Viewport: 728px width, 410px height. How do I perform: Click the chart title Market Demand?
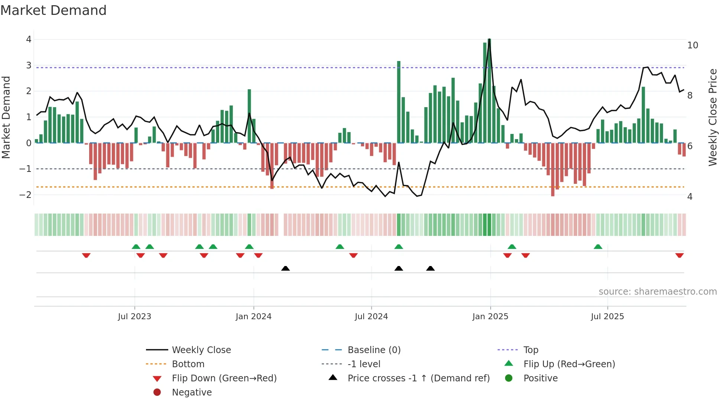(53, 10)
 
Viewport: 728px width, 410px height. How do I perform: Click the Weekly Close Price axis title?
(712, 117)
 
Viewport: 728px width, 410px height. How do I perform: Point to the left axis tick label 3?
(29, 65)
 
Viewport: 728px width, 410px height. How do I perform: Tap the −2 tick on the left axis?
(26, 195)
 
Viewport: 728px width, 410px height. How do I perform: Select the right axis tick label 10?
(692, 45)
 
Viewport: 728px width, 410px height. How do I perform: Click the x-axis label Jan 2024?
(253, 317)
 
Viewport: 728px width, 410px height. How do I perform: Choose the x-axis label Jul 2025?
(607, 317)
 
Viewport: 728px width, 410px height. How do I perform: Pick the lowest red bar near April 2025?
(553, 169)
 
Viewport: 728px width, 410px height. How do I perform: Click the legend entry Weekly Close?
(201, 350)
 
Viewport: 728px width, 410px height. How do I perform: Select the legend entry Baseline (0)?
(374, 350)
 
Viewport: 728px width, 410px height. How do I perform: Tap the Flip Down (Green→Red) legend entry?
(224, 378)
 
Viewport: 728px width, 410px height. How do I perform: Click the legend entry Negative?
(192, 393)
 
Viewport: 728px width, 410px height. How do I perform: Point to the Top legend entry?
(530, 350)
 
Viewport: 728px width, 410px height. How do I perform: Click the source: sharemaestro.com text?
(657, 292)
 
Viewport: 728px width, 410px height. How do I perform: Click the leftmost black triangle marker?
(285, 268)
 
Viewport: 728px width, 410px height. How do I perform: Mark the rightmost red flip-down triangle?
(679, 255)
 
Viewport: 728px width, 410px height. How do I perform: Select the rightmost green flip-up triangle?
(598, 247)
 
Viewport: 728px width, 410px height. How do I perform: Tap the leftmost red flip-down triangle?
(86, 255)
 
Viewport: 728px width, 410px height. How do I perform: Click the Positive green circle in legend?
(509, 378)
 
